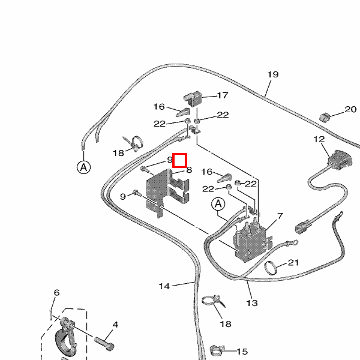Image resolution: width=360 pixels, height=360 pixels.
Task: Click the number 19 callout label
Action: coord(273,75)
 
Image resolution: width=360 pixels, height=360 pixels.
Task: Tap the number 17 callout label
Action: coord(223,95)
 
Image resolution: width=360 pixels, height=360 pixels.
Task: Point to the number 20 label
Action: coord(350,109)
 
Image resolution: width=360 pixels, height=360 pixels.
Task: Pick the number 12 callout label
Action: coord(319,139)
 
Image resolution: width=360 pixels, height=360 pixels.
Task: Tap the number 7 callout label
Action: coord(280,216)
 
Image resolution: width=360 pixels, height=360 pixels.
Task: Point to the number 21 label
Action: coord(293,262)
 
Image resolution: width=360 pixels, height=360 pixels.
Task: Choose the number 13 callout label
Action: coord(252,303)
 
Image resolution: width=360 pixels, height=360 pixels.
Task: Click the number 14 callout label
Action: coord(164,286)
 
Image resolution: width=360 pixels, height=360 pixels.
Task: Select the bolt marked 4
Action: coord(105,343)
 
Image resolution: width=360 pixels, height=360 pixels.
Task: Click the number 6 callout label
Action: coord(56,293)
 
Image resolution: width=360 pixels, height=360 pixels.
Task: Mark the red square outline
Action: coord(180,160)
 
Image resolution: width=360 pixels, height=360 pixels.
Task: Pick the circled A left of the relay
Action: coord(217,205)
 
